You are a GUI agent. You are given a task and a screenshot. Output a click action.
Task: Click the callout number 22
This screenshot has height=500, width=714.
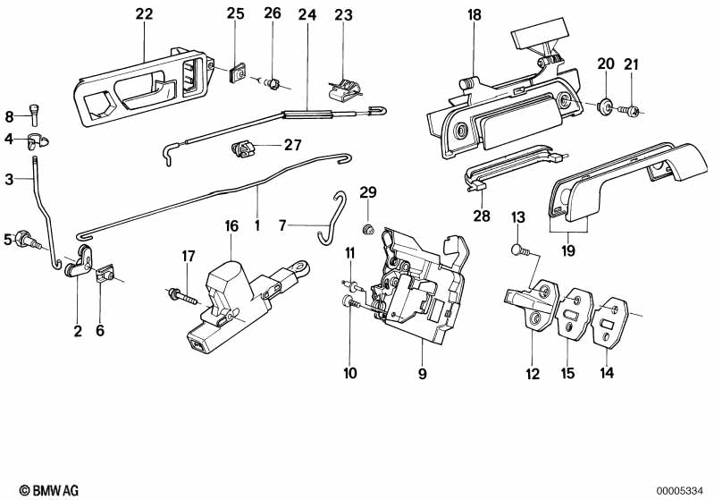pyautogui.click(x=144, y=13)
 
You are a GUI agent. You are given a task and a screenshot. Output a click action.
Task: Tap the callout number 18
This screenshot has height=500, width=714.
pyautogui.click(x=474, y=13)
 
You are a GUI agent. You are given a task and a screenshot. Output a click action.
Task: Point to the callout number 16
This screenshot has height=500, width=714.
pyautogui.click(x=231, y=226)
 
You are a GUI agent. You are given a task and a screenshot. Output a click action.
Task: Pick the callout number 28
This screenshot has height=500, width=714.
pyautogui.click(x=482, y=215)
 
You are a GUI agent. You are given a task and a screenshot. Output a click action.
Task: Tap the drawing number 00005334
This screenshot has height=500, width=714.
pyautogui.click(x=684, y=490)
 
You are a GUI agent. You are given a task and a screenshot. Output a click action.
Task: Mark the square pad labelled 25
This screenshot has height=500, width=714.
pyautogui.click(x=237, y=73)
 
